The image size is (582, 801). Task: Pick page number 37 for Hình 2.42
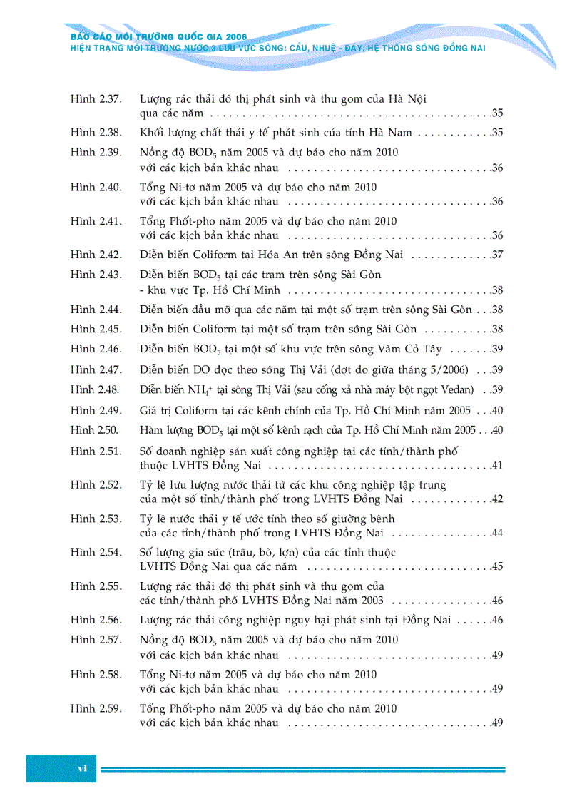click(x=498, y=255)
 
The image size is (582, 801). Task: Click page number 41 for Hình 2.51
click(x=498, y=466)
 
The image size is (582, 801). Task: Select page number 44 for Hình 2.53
click(x=498, y=533)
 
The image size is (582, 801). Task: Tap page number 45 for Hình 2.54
click(x=498, y=567)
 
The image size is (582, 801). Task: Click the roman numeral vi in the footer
click(x=82, y=768)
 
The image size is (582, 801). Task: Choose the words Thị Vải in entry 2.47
click(x=291, y=369)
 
